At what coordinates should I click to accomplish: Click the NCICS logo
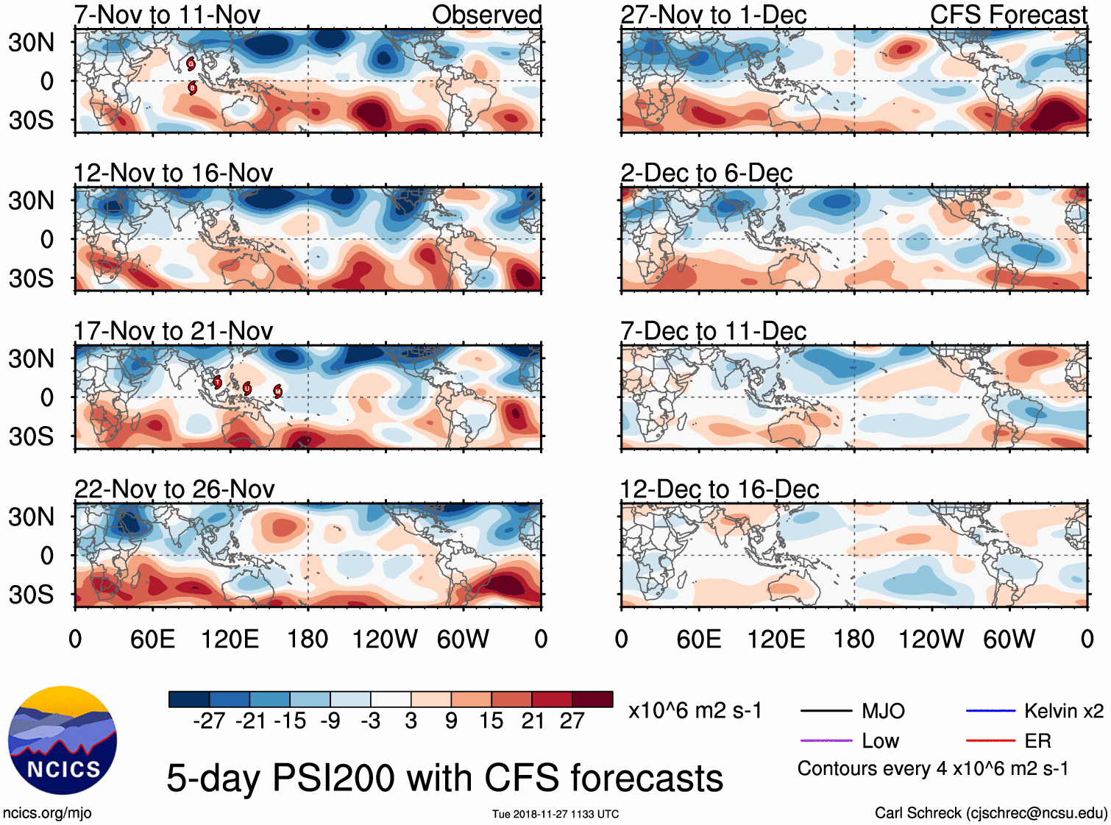point(63,740)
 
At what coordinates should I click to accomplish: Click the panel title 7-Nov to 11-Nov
point(167,15)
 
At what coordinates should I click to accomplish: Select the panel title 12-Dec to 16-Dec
point(719,489)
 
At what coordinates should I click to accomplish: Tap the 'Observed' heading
point(486,15)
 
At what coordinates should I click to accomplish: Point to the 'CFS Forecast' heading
point(1008,15)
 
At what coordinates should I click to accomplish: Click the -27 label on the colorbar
point(209,721)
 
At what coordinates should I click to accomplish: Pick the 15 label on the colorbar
point(491,721)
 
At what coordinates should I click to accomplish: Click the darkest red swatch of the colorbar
point(592,699)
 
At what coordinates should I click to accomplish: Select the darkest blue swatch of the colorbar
point(189,699)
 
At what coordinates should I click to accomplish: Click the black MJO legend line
point(826,711)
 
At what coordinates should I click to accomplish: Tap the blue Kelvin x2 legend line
point(990,711)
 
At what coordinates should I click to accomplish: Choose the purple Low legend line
point(826,740)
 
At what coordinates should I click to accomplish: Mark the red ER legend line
point(990,740)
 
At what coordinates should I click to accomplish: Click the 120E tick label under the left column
point(230,639)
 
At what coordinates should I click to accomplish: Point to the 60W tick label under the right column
point(1009,639)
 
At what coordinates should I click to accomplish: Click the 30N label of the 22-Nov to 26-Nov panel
point(32,517)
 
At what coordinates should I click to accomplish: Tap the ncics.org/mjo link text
point(47,813)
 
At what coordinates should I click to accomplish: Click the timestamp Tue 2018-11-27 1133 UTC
point(555,814)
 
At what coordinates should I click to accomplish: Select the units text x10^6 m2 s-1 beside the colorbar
point(695,711)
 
